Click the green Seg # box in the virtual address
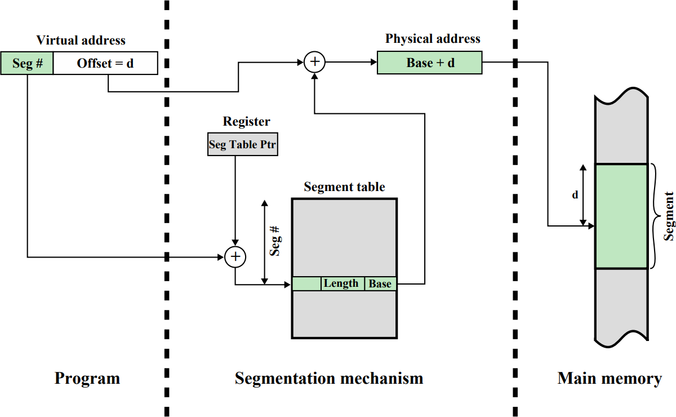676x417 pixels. point(27,63)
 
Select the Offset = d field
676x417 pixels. point(105,63)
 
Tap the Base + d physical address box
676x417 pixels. point(429,63)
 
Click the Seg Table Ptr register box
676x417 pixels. point(243,144)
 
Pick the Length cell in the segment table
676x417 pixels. point(343,283)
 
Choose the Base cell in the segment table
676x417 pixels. point(380,283)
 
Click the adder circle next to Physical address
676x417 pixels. point(314,62)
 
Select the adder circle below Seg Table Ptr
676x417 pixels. point(235,257)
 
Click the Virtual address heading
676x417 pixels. point(81,40)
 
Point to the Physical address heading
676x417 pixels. point(433,39)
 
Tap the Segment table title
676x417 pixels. point(344,187)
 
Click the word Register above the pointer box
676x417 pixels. point(246,121)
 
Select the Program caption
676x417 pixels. point(87,378)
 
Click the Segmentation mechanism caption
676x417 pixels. point(329,378)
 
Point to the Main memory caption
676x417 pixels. point(610,378)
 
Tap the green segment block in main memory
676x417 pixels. point(621,216)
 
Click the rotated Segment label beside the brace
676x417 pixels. point(669,216)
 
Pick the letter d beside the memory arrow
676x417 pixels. point(575,195)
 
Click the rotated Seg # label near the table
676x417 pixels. point(275,242)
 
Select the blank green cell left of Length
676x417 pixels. point(306,283)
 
